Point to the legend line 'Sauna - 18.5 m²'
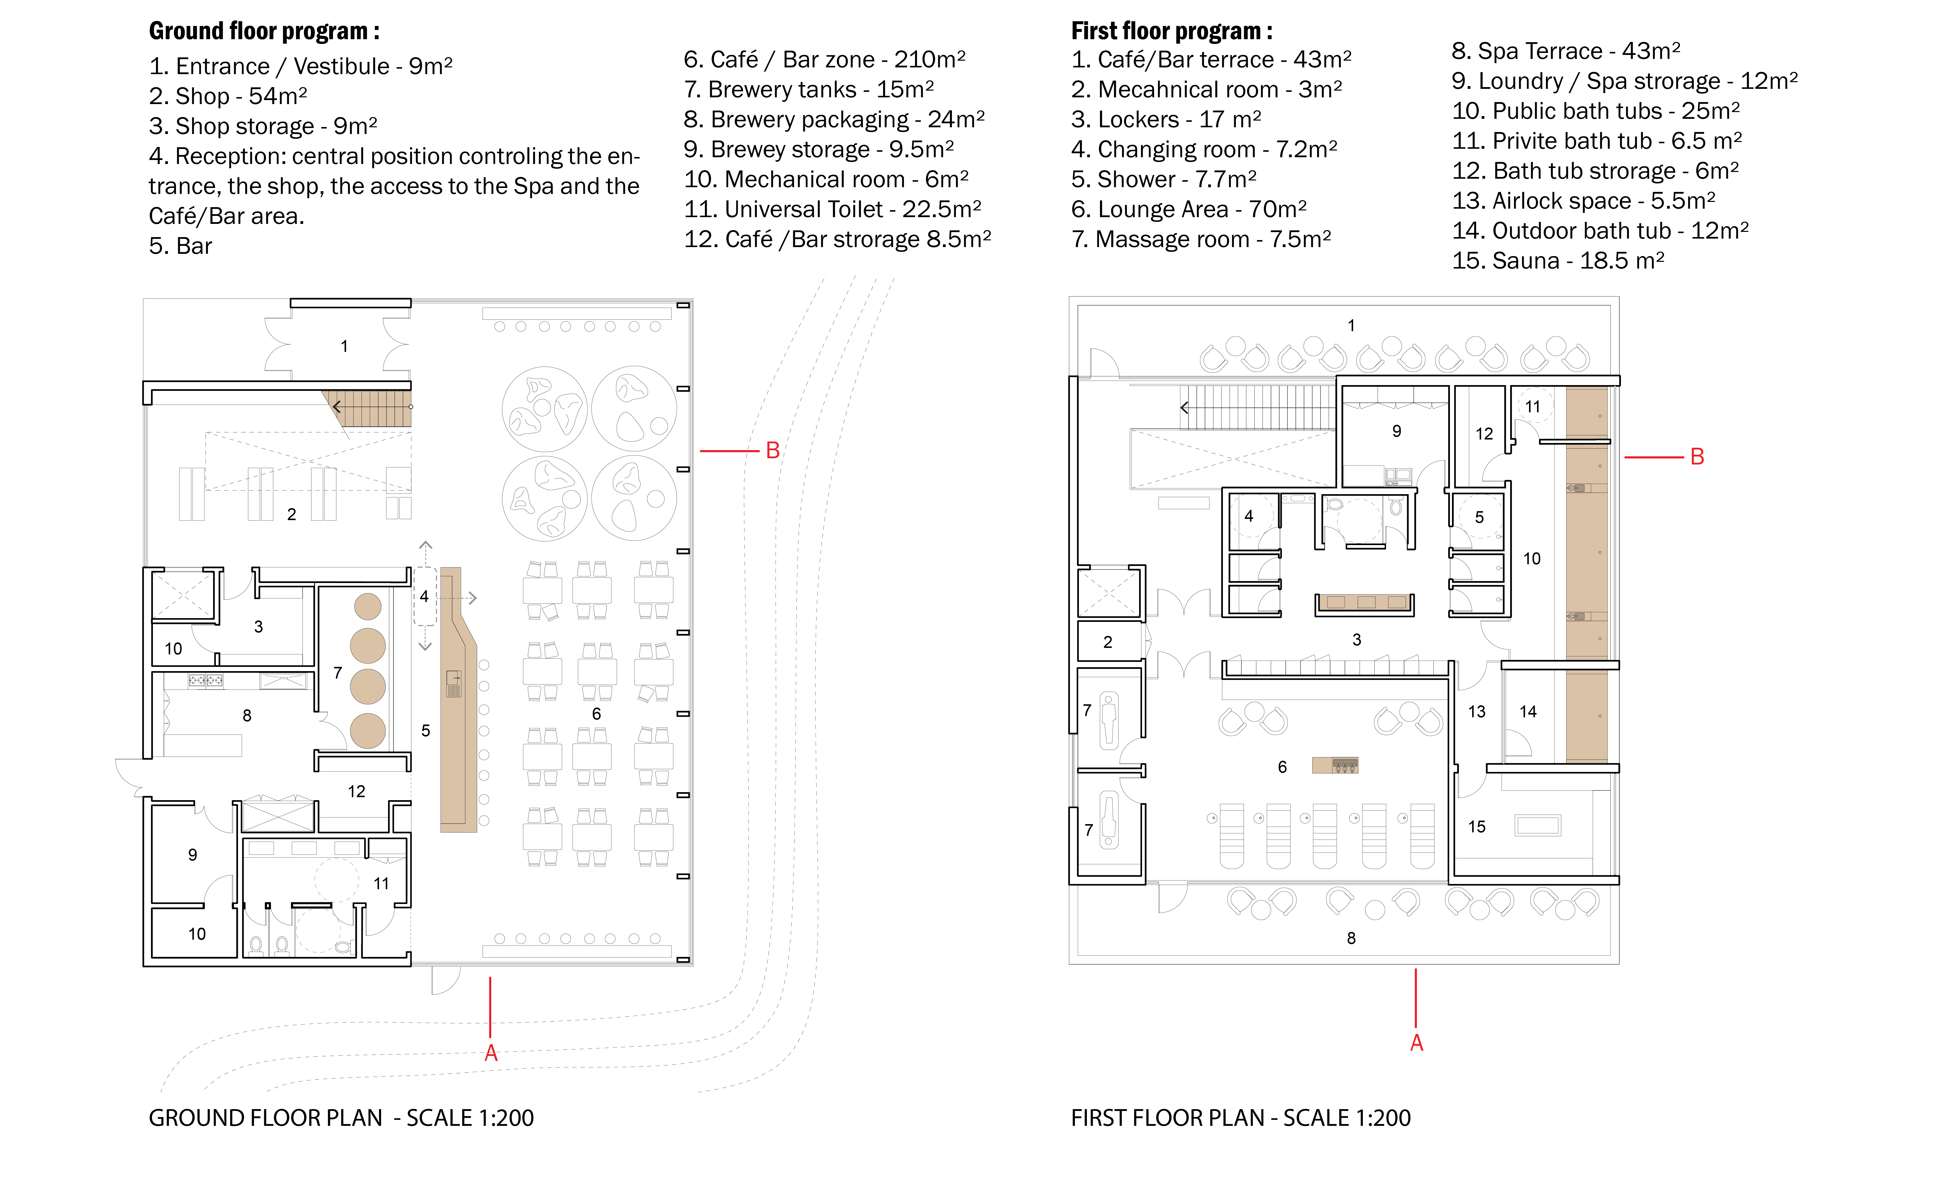point(1558,261)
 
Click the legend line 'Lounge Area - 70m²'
point(1189,209)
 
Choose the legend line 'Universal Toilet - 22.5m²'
point(833,209)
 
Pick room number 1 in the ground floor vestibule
point(344,346)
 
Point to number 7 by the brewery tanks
point(338,673)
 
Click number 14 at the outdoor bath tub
point(1528,711)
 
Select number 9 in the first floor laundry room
point(1397,431)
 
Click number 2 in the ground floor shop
point(291,515)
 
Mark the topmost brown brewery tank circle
point(368,607)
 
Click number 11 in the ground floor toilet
point(381,884)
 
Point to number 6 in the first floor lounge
point(1282,767)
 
